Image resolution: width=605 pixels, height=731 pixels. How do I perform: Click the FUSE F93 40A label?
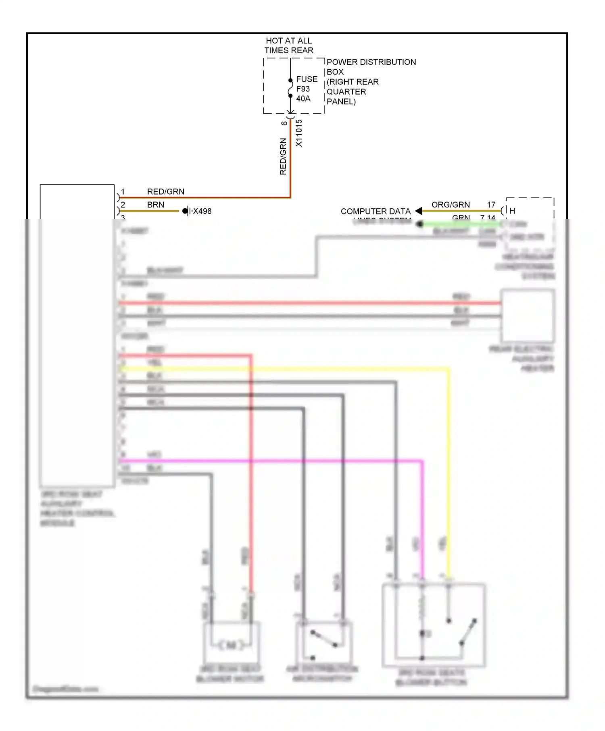[x=306, y=89]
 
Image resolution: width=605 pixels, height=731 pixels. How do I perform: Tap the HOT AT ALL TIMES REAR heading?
[x=289, y=46]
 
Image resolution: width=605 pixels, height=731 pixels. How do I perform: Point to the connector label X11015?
[x=298, y=133]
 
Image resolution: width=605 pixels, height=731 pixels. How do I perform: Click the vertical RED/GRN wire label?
[x=283, y=156]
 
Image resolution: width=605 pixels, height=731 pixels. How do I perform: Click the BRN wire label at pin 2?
[x=155, y=205]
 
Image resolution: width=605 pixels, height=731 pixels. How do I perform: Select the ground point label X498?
[x=202, y=211]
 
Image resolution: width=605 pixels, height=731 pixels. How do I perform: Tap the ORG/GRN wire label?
[x=450, y=205]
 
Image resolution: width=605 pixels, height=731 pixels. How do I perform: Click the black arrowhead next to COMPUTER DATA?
[x=419, y=211]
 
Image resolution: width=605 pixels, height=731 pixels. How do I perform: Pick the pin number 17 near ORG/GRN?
[x=491, y=205]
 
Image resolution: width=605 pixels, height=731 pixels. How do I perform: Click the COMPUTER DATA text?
[x=375, y=211]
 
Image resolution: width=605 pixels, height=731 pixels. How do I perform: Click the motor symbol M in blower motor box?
[x=231, y=646]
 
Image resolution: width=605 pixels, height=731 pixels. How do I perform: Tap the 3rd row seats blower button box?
[x=434, y=625]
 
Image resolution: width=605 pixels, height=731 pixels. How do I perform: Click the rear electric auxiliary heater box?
[x=527, y=316]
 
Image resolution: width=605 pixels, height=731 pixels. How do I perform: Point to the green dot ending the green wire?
[x=420, y=224]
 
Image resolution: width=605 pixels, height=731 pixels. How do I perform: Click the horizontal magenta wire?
[x=270, y=461]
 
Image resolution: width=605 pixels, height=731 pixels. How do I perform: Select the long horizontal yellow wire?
[x=282, y=369]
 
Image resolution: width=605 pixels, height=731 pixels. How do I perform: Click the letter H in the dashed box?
[x=512, y=211]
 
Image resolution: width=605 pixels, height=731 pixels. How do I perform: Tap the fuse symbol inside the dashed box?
[x=290, y=88]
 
